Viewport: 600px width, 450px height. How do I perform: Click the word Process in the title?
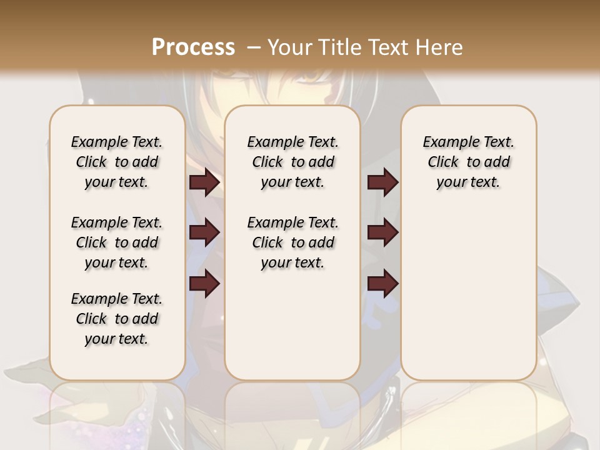point(193,47)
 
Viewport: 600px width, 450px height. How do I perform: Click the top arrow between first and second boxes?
point(204,182)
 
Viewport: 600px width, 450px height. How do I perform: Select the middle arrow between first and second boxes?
point(204,232)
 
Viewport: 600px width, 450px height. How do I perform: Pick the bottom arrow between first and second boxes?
point(204,283)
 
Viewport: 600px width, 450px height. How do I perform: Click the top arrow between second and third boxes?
point(382,182)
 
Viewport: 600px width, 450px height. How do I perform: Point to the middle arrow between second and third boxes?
point(382,232)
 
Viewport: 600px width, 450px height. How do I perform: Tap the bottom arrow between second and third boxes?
point(382,283)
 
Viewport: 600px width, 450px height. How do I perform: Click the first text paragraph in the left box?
point(117,162)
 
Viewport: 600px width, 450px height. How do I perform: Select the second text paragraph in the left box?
point(117,242)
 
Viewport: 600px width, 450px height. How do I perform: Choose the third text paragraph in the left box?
point(117,319)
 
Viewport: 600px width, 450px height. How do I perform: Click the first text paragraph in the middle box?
point(292,162)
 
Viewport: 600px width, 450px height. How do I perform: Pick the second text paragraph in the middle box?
point(292,242)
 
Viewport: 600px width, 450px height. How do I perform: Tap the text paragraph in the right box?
point(468,162)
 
